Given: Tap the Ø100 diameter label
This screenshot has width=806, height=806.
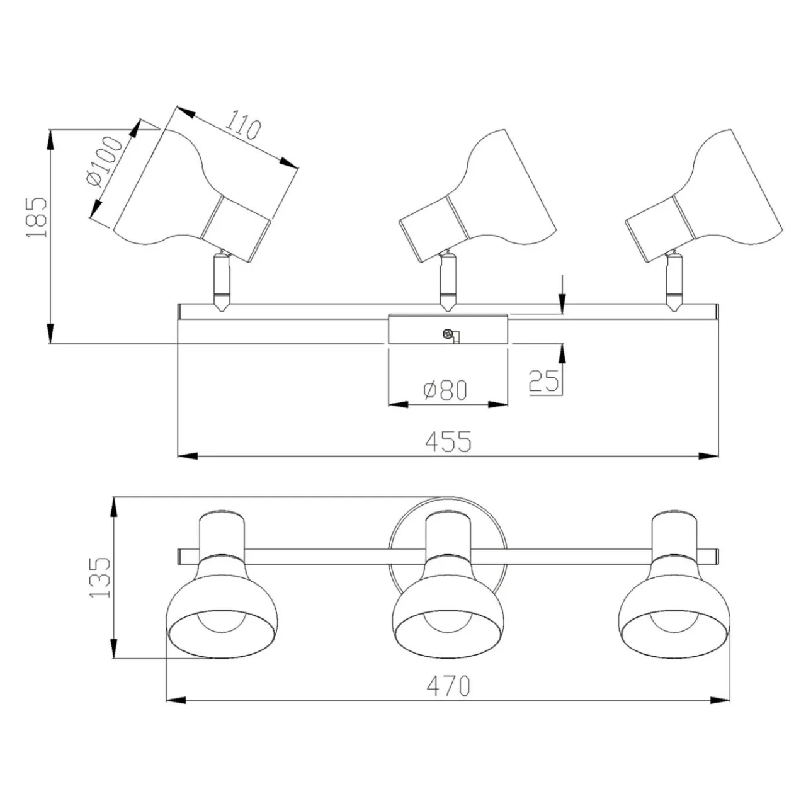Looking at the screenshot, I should tap(104, 161).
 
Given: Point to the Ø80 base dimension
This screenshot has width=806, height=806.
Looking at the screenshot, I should tap(446, 391).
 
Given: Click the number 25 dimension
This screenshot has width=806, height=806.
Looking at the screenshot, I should tap(544, 381).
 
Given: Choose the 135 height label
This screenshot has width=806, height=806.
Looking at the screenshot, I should tap(101, 576).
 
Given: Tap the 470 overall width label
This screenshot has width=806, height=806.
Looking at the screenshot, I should tap(448, 686).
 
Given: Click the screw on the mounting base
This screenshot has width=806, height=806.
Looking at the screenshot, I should tap(448, 334).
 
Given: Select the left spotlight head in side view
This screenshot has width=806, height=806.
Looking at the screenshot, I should tap(195, 195).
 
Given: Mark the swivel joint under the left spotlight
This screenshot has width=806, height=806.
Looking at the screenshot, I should tap(222, 280).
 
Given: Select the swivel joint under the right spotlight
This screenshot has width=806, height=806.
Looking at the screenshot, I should tap(673, 280).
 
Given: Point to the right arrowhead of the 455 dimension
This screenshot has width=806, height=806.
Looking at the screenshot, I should tap(712, 455).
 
